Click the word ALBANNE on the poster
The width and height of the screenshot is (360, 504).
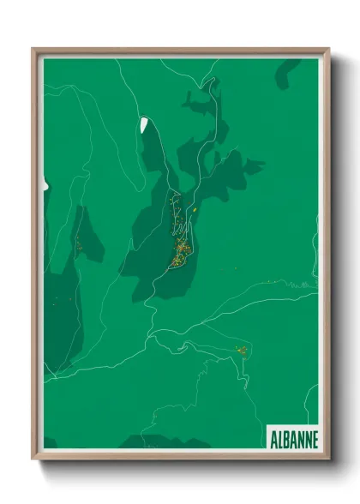292,438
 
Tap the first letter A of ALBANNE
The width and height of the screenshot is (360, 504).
273,438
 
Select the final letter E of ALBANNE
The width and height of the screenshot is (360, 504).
315,438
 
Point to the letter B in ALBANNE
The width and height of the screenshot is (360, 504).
287,438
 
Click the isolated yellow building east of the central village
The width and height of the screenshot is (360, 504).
195,209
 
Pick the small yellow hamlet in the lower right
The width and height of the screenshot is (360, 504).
242,350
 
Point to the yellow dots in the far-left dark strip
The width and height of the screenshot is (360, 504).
77,246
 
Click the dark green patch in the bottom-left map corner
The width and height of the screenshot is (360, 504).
50,443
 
